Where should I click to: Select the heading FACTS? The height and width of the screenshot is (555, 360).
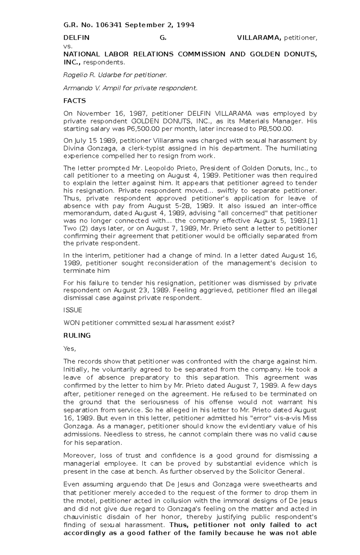coord(74,101)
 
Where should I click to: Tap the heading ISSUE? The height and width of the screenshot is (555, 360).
coord(73,310)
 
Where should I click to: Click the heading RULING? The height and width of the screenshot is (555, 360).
coord(77,336)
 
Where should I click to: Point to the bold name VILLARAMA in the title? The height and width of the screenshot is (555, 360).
coord(259,38)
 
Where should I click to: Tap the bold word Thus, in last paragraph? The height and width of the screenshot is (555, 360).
coord(179,525)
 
